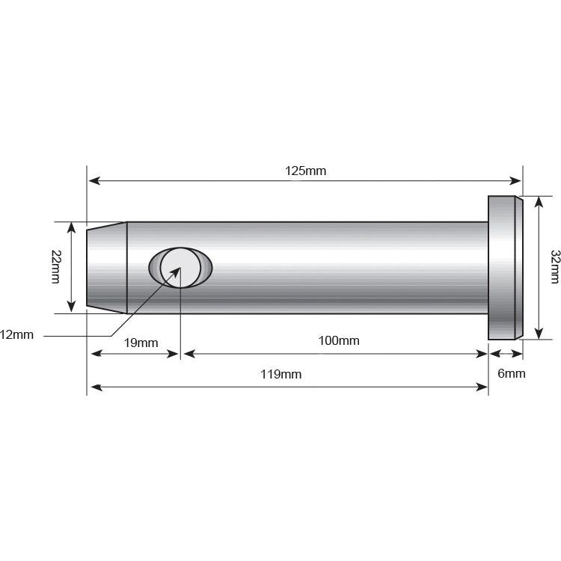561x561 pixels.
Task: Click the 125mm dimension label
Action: [305, 171]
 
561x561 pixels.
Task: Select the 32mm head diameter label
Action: [554, 266]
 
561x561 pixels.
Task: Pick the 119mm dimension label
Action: [281, 374]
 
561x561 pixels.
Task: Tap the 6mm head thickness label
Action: [512, 373]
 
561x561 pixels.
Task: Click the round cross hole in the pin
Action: [180, 267]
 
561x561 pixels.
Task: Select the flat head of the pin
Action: [504, 267]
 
